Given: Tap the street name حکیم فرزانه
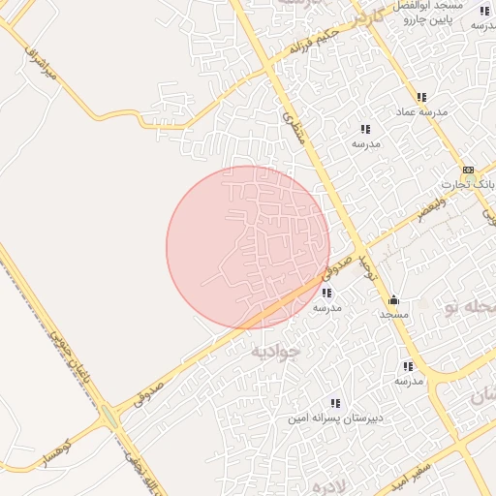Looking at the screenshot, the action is point(313,42).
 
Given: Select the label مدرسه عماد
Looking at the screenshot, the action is point(420,112).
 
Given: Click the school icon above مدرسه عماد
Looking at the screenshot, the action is point(421,97).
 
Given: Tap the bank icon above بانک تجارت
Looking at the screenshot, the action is point(469,168).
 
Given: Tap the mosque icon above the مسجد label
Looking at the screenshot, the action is point(393,299).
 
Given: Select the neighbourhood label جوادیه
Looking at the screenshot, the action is point(276,352).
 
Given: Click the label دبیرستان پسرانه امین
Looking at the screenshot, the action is point(334,419).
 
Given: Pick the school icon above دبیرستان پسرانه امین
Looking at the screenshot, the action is point(335,403).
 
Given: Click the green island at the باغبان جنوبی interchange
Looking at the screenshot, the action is point(108,418).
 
